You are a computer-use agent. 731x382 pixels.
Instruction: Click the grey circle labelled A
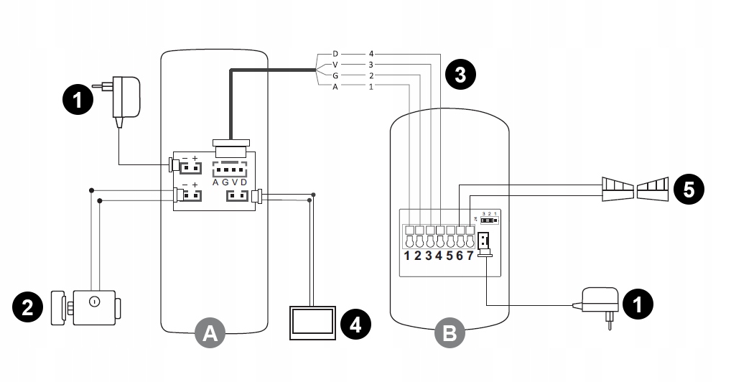[x=210, y=332]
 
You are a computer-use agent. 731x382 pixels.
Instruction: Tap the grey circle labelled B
[x=450, y=332]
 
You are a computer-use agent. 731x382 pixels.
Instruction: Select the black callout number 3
[x=460, y=75]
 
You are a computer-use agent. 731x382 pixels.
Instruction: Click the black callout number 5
[x=689, y=190]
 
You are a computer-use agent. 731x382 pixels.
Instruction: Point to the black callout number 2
[x=27, y=307]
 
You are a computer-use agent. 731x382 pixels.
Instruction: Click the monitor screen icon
[x=312, y=322]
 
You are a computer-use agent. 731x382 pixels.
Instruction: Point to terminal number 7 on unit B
[x=470, y=256]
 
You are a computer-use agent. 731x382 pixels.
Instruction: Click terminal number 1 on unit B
[x=408, y=256]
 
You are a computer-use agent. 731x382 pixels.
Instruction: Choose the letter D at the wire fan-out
[x=335, y=54]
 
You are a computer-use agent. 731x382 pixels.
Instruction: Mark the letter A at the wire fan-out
[x=335, y=86]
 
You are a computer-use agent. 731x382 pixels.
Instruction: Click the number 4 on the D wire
[x=371, y=54]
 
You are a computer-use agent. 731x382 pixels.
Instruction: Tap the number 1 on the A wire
[x=371, y=86]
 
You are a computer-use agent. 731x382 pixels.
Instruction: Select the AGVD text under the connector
[x=230, y=182]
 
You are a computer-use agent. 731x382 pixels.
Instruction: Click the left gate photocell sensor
[x=617, y=188]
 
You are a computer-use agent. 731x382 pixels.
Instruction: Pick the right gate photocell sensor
[x=653, y=188]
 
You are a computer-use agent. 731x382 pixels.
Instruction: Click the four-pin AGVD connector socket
[x=230, y=169]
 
